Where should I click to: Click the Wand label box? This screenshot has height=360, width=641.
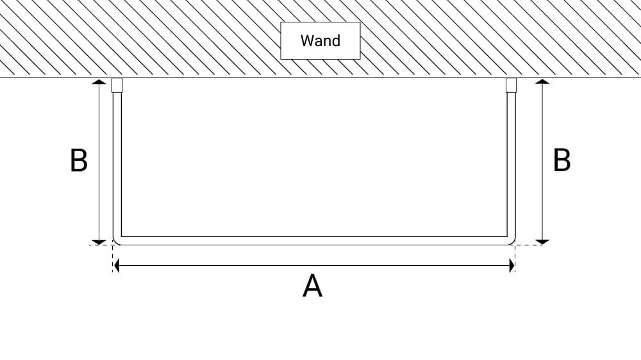320,41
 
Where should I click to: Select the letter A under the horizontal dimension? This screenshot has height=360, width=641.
312,286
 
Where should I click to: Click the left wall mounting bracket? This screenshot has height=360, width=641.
117,85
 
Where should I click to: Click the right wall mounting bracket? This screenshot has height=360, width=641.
511,85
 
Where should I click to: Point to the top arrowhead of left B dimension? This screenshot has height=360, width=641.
99,83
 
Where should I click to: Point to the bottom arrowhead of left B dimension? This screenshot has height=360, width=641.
99,241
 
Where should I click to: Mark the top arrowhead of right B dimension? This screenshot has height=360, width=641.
542,83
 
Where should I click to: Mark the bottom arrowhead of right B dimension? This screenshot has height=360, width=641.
542,241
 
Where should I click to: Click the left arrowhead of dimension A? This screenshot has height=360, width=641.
117,266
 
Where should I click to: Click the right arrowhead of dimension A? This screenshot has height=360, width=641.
512,266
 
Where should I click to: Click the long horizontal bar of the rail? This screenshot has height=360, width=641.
314,241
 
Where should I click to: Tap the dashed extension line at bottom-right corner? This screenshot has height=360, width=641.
529,245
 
